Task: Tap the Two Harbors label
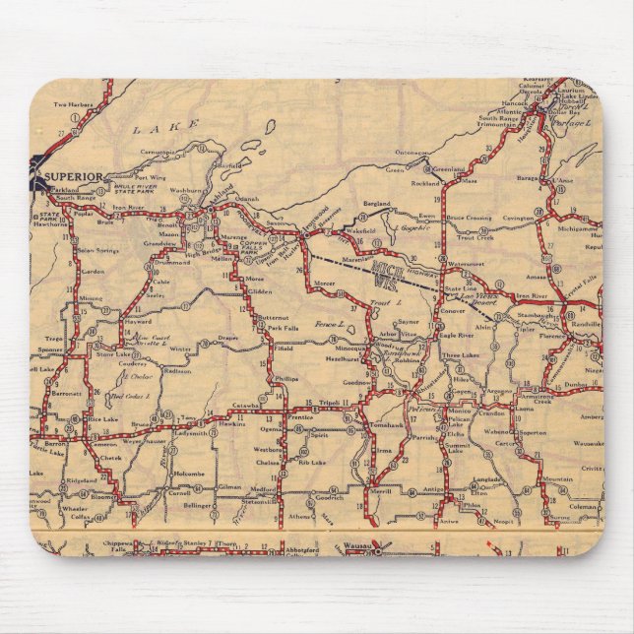[73, 104]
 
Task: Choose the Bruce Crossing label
[469, 217]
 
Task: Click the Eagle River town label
[460, 335]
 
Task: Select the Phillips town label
[286, 378]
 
